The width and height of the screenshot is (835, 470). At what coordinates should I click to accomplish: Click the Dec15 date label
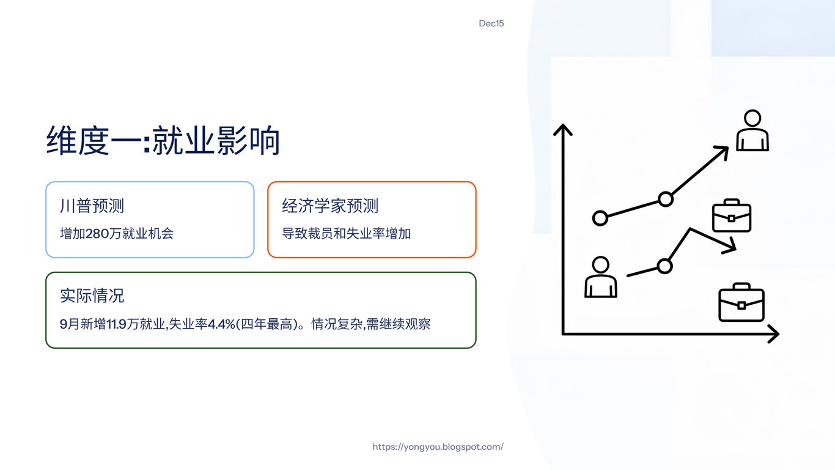click(491, 24)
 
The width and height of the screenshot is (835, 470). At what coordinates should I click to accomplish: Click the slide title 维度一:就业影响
click(163, 141)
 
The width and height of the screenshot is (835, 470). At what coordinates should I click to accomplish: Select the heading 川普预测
click(92, 206)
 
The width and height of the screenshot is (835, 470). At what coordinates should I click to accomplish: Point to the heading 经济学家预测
click(330, 206)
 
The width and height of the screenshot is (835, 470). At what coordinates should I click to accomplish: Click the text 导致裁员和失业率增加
click(346, 233)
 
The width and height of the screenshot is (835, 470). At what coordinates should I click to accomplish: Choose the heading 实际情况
click(92, 296)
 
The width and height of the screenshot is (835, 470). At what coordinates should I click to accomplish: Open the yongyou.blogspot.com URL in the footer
click(438, 447)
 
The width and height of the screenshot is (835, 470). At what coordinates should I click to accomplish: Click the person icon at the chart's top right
click(752, 130)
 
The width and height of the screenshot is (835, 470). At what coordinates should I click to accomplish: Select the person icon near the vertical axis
click(600, 277)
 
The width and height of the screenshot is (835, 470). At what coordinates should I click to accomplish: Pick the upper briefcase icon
click(732, 216)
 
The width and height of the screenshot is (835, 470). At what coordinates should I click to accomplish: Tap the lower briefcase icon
click(741, 302)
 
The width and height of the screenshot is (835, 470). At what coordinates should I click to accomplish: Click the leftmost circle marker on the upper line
click(600, 218)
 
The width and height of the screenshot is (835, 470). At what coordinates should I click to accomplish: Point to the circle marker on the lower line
click(664, 266)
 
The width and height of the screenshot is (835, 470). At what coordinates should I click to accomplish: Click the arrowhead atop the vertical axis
click(562, 129)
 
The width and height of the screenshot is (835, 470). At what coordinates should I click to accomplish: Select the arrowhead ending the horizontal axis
click(774, 334)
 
